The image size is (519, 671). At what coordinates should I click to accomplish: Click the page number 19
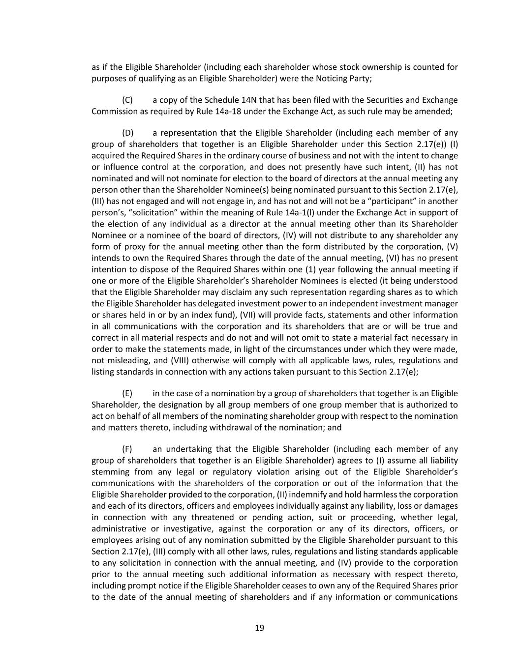point(259,628)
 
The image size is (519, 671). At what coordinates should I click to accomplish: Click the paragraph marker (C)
point(127,100)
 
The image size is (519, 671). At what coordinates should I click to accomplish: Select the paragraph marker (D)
point(127,133)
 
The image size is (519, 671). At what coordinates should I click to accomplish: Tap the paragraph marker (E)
point(127,393)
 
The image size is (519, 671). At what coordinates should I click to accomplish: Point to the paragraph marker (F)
point(127,449)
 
